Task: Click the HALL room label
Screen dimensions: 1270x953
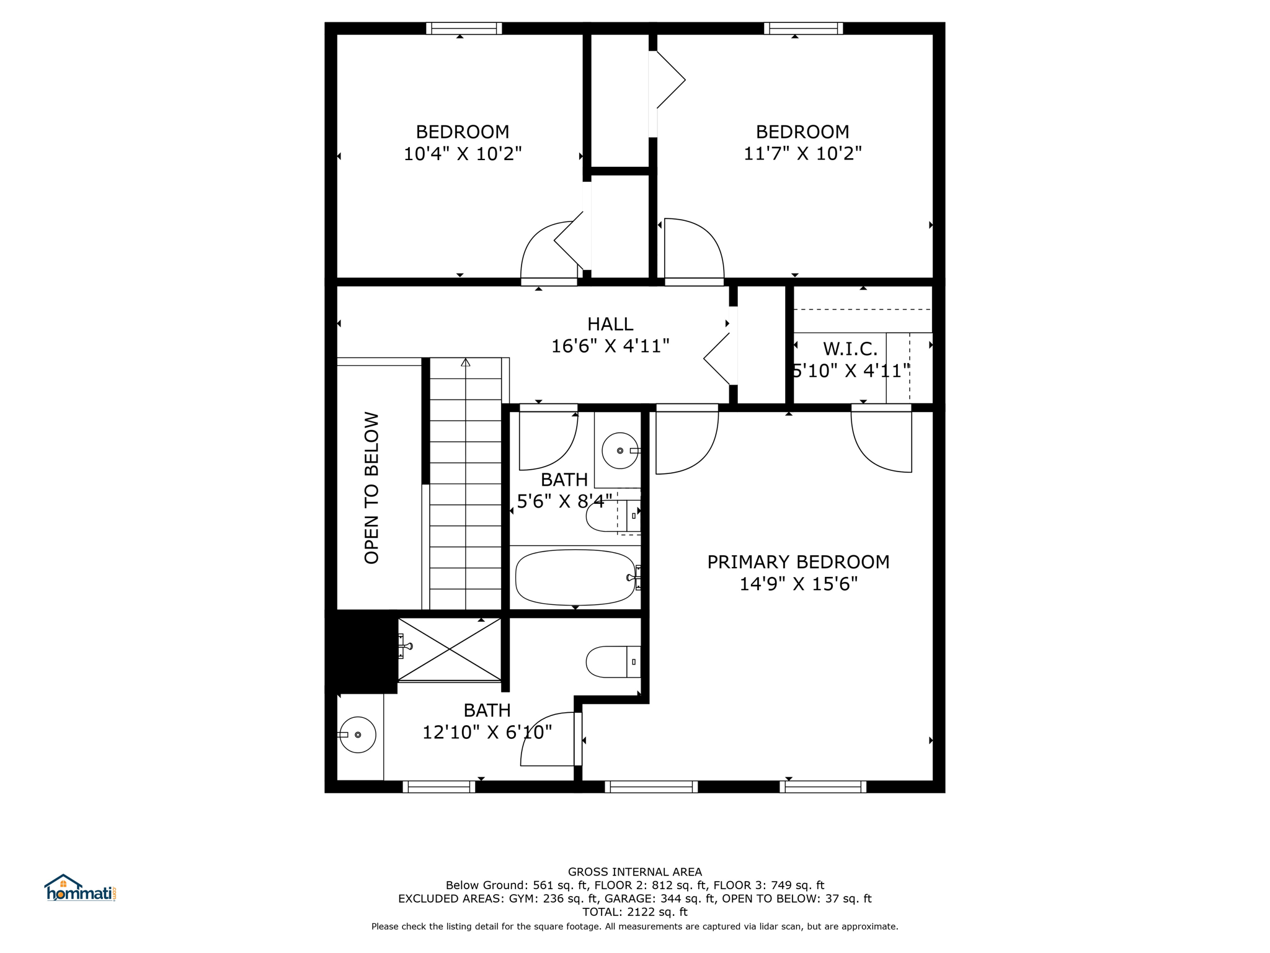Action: [x=610, y=324]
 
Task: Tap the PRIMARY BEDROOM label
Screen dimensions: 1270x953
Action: [x=798, y=562]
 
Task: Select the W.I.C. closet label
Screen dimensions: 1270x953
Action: [x=850, y=349]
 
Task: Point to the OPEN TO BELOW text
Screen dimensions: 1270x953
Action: [x=371, y=488]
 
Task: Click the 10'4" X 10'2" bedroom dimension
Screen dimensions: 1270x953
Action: [x=463, y=153]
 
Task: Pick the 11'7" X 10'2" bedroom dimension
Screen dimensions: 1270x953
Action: [x=802, y=153]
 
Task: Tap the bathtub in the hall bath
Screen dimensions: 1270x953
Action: [x=575, y=578]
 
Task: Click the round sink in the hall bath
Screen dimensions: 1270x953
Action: [x=619, y=450]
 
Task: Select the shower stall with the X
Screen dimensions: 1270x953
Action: [x=450, y=649]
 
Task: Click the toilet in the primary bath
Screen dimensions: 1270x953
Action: [x=613, y=662]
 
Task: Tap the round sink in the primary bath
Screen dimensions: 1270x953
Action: [x=358, y=735]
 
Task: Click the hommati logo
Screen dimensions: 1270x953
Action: [x=80, y=888]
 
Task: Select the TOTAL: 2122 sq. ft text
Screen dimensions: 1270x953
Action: [x=635, y=912]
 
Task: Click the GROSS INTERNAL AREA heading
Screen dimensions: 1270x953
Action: [x=635, y=872]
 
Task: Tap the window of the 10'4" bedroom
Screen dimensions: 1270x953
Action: [x=464, y=29]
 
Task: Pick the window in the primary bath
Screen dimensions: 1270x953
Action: [x=439, y=787]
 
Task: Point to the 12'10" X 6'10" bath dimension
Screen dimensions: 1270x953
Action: [x=487, y=733]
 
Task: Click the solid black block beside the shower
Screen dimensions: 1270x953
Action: [x=362, y=651]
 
